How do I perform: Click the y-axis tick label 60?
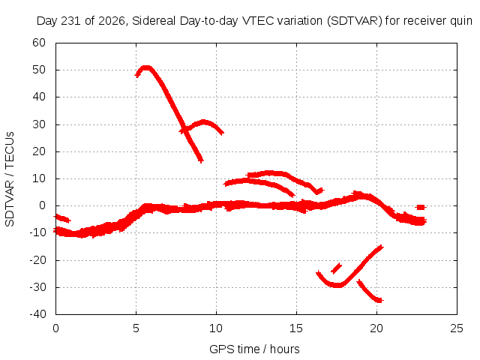click(x=39, y=43)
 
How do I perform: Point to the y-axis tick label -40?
click(x=37, y=314)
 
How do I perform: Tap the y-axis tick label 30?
click(x=39, y=124)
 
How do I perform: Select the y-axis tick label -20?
click(x=37, y=260)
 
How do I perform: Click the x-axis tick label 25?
click(x=457, y=328)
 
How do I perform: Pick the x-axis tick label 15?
click(x=296, y=328)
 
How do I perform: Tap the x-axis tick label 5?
click(x=136, y=328)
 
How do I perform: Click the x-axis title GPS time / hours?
click(x=254, y=349)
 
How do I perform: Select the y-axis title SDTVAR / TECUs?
click(x=10, y=179)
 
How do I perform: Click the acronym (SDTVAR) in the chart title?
click(x=355, y=21)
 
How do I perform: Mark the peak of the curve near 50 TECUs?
click(x=146, y=67)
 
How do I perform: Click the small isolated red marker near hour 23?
click(x=421, y=207)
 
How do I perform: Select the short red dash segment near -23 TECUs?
click(x=337, y=268)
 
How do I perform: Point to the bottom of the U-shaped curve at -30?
click(x=337, y=285)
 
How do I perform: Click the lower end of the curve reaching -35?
click(x=380, y=301)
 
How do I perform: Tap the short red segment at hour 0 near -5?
click(x=62, y=218)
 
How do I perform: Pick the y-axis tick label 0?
click(x=43, y=205)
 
